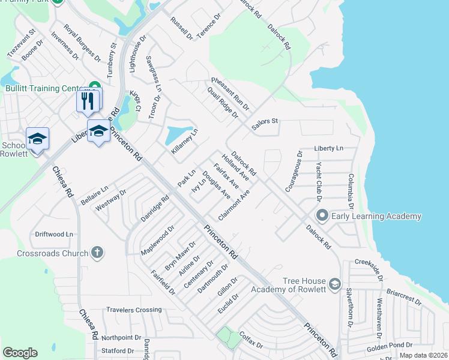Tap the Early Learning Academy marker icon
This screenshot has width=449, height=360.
pos(322,215)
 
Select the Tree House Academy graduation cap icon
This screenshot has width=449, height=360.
pos(335,282)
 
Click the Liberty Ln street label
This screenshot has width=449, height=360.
pos(328,148)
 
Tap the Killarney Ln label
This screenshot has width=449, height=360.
pos(184,142)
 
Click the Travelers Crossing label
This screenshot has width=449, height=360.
pos(134,310)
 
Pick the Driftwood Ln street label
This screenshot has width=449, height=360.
pos(54,233)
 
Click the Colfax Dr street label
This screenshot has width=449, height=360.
pos(250,341)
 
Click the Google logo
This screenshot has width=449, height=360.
pos(20,353)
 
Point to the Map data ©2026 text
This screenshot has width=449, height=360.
pos(423,355)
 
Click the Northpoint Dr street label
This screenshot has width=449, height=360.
pos(121,338)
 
